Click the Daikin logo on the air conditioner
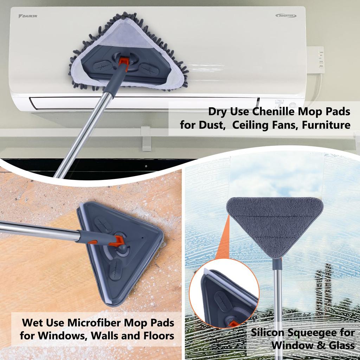(28, 16)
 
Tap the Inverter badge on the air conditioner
(286, 15)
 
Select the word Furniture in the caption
(326, 125)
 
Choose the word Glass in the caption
(342, 346)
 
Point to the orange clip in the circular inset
(233, 324)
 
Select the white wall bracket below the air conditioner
(146, 139)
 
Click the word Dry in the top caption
(217, 112)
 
